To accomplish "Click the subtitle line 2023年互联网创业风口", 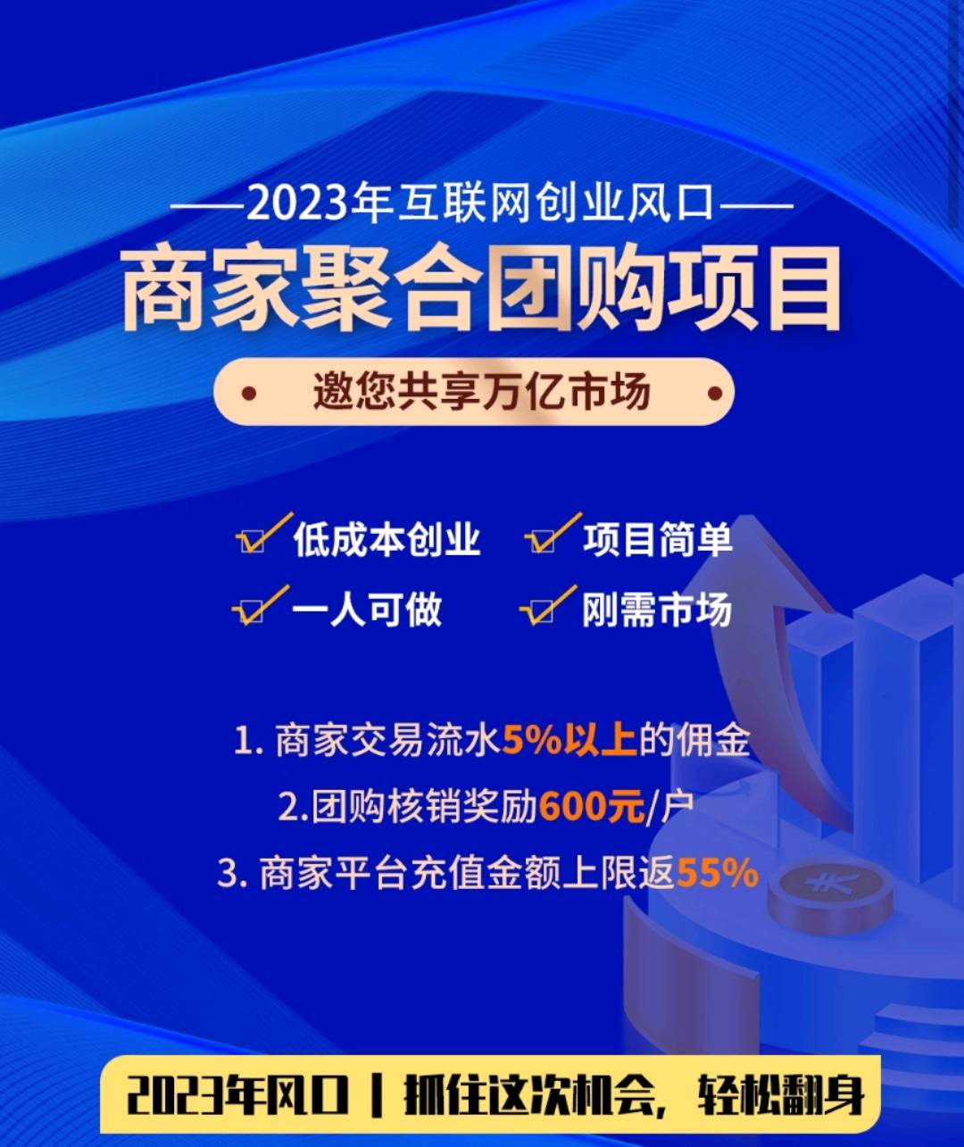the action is [480, 203].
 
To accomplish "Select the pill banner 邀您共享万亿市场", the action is [473, 392].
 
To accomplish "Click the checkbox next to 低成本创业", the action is [253, 542].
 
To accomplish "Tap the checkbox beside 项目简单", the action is [543, 542].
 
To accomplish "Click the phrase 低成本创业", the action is [386, 541].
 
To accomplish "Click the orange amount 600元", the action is [592, 807].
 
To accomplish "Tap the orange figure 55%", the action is [718, 874].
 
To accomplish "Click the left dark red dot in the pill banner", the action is [249, 394].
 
